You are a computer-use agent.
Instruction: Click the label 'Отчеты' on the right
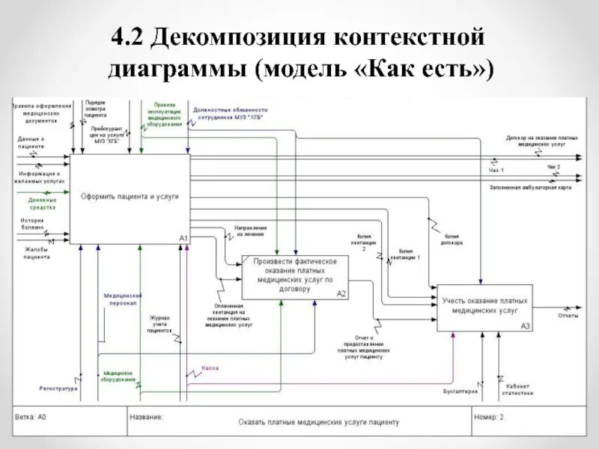pos(568,316)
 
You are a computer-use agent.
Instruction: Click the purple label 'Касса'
pos(210,368)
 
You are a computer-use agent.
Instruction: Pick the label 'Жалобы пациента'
pos(36,253)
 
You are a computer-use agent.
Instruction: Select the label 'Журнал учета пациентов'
pos(161,323)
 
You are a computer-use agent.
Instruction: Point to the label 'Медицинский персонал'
pos(123,299)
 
